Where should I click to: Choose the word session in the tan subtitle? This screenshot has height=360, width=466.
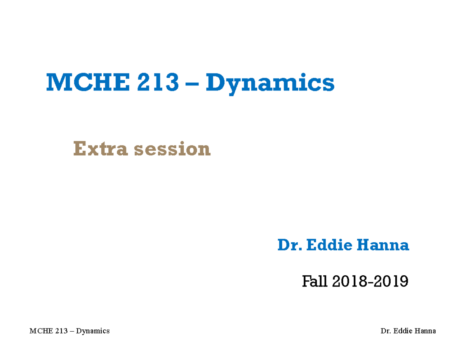(172, 149)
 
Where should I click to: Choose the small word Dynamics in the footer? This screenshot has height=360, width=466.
(93, 331)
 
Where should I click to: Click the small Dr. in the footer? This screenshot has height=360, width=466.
(386, 331)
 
